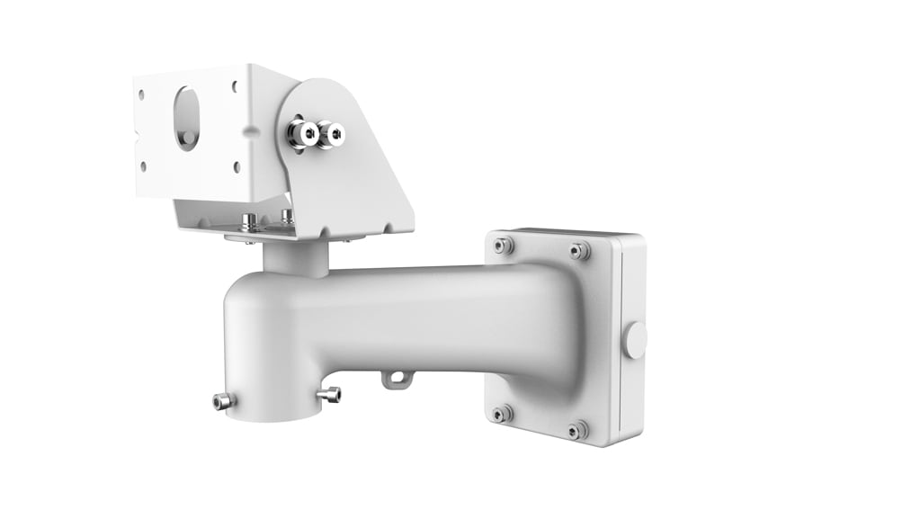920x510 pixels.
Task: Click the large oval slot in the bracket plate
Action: pos(187,117)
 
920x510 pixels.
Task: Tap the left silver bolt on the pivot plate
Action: pos(297,133)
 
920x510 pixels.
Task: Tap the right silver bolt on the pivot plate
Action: pos(334,135)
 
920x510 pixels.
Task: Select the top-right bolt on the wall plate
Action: pos(581,250)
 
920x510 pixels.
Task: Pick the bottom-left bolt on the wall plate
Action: pos(501,413)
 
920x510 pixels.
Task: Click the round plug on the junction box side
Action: pos(636,340)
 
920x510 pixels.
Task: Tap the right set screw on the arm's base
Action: pos(330,394)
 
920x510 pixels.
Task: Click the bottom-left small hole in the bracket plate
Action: pos(143,166)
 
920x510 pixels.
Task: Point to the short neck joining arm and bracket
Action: pos(296,257)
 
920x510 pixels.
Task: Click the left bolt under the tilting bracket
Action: pos(249,220)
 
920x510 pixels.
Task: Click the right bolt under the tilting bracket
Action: pos(287,216)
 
